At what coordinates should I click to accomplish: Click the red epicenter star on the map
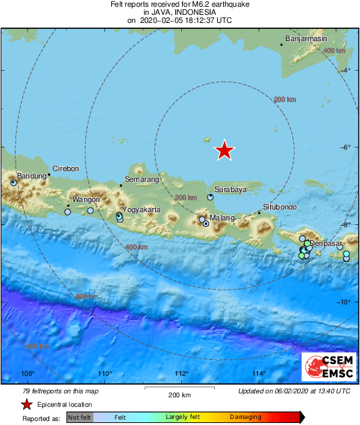point(224,151)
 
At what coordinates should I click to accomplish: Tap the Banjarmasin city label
point(306,39)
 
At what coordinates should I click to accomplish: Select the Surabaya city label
point(230,189)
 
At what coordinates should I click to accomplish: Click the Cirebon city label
point(66,168)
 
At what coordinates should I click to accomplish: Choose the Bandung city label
point(30,176)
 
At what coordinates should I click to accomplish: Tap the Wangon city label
point(86,200)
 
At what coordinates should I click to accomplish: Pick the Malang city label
point(222,218)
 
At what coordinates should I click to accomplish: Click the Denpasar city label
point(326,242)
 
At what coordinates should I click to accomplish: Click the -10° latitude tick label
point(344,302)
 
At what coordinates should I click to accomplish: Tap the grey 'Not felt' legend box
point(80,417)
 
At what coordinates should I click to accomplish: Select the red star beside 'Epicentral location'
point(26,405)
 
